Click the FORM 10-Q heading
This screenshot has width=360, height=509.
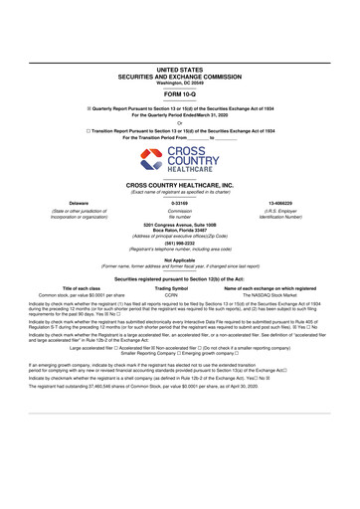(x=180, y=94)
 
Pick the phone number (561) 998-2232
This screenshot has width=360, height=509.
(x=180, y=242)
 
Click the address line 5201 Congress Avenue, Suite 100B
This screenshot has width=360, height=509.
(x=180, y=226)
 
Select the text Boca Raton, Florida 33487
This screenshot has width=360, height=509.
(x=180, y=231)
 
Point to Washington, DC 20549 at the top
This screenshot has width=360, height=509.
(x=180, y=82)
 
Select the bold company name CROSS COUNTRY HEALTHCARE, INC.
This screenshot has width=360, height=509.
(x=180, y=185)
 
